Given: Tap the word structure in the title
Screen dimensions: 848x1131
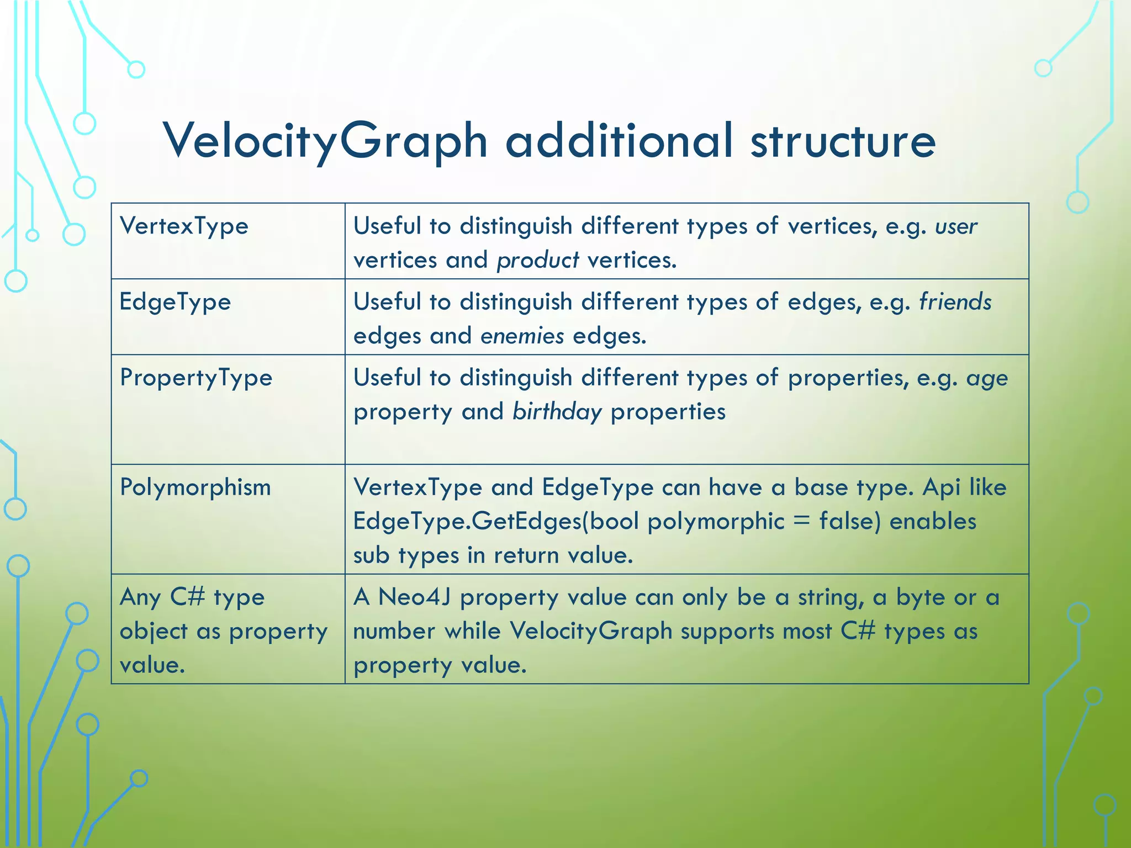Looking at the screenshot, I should click(843, 141).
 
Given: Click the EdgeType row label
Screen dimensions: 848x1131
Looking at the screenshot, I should click(175, 302).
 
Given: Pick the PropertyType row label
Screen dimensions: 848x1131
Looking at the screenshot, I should click(196, 378).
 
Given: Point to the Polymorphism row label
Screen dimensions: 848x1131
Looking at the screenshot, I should click(195, 487).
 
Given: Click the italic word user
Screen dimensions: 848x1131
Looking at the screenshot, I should click(956, 227).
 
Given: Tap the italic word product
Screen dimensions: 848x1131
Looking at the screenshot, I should click(537, 261).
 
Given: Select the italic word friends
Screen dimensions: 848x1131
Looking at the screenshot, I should click(955, 302).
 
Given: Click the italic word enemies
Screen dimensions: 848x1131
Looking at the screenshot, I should click(522, 336).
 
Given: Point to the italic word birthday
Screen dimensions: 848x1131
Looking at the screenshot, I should click(557, 412).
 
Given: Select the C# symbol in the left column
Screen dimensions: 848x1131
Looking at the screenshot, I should click(187, 597).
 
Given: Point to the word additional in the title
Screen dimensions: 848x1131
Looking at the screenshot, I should click(619, 141).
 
